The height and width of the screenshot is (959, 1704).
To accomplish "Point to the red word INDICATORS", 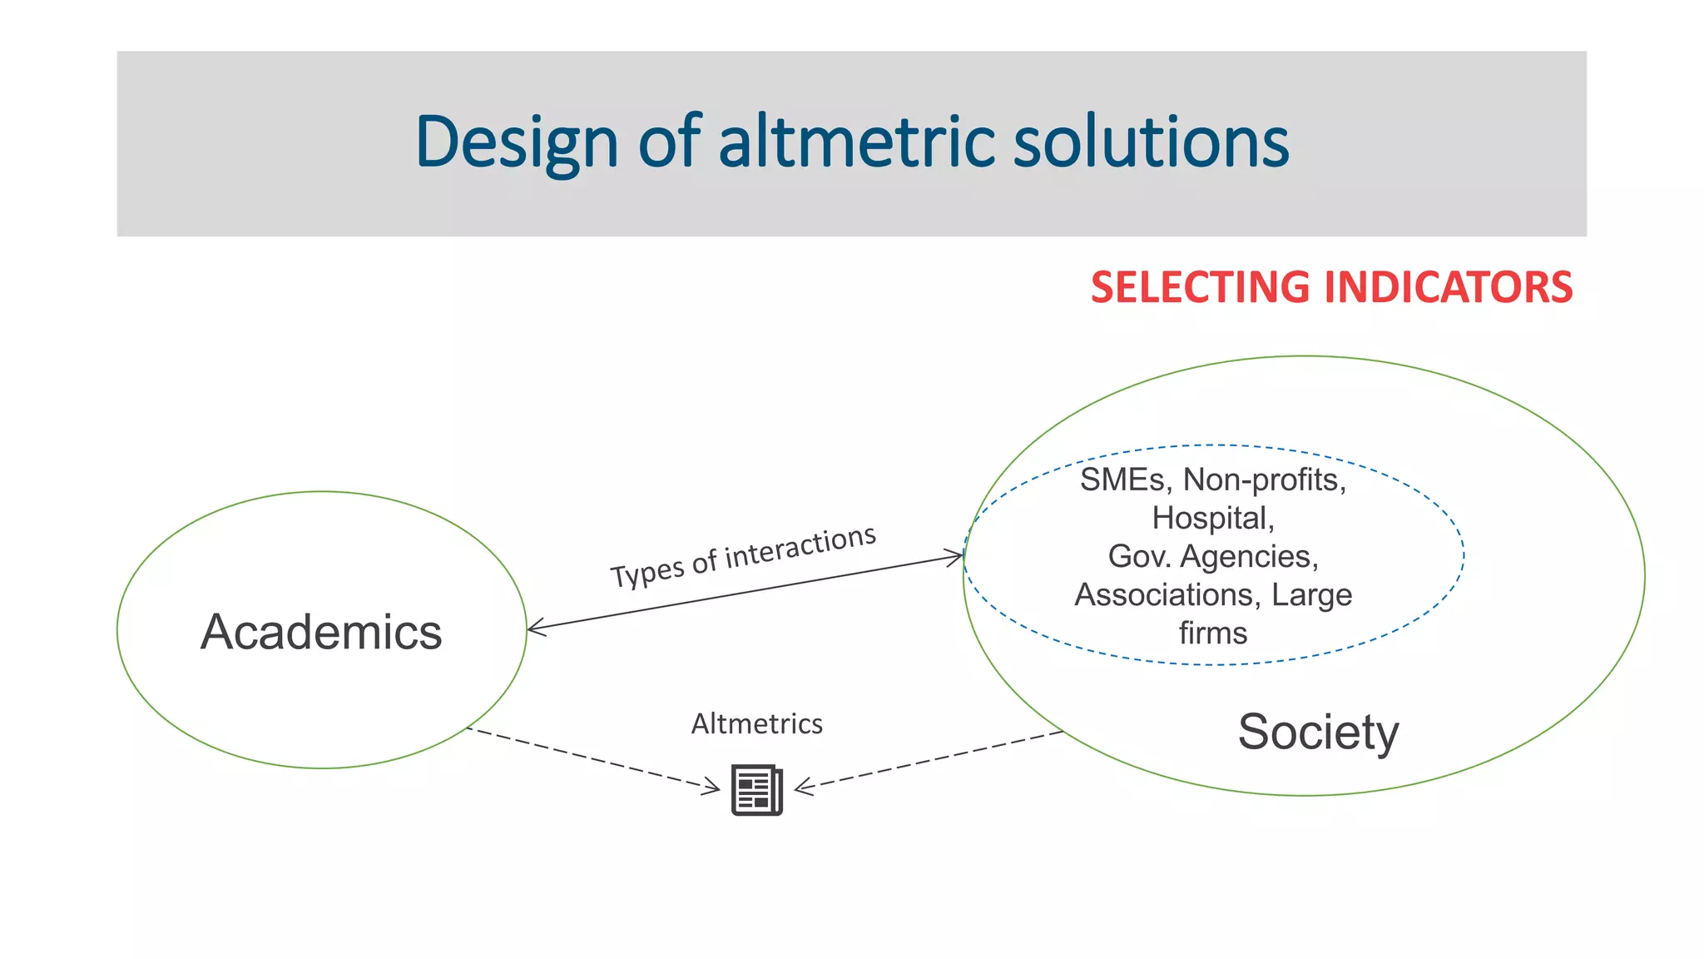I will (x=1448, y=287).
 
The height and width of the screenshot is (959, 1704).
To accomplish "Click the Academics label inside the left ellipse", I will (x=321, y=632).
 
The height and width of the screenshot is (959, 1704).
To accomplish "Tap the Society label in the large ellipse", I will (x=1318, y=733).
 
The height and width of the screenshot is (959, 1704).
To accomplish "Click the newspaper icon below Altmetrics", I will (x=757, y=789).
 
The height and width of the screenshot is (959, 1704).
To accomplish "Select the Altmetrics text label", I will (x=756, y=723).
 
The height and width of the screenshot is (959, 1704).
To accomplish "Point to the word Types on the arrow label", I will (x=647, y=574).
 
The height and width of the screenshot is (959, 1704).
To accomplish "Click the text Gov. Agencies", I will (x=1213, y=556).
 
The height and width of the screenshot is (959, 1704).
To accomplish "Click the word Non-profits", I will (x=1264, y=480).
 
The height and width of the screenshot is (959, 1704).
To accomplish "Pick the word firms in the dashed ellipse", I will (x=1212, y=634).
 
